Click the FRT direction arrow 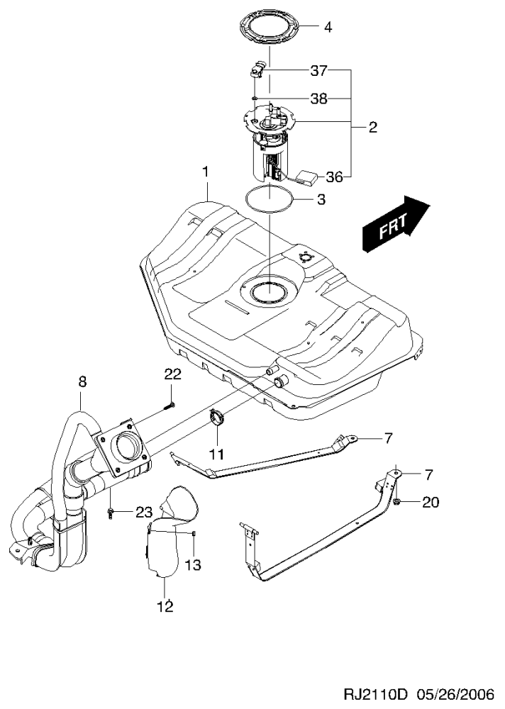click(x=396, y=225)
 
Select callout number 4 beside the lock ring click(x=328, y=28)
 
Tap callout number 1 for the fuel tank click(x=205, y=172)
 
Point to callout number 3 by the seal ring click(x=321, y=200)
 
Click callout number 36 click(x=334, y=177)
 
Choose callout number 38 click(x=318, y=99)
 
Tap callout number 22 click(x=174, y=374)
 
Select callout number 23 click(x=144, y=512)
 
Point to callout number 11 click(x=216, y=453)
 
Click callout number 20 click(x=431, y=503)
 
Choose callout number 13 click(x=194, y=565)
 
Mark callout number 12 click(x=165, y=606)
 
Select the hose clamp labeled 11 click(x=218, y=418)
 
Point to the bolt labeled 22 click(x=170, y=406)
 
